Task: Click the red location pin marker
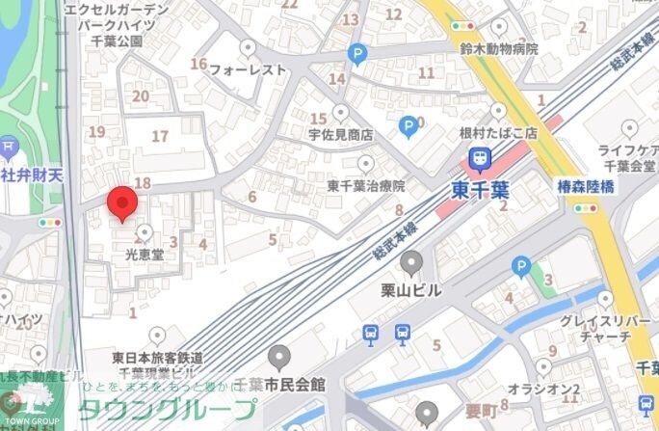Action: tap(121, 203)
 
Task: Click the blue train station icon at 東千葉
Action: tap(477, 157)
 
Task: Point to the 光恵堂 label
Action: tap(145, 256)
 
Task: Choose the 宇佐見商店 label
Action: tap(340, 135)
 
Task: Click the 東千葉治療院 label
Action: tap(365, 186)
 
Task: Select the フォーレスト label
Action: tap(249, 69)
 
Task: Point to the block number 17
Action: tap(160, 136)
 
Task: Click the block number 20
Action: tap(141, 95)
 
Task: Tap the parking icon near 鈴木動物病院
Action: tap(357, 55)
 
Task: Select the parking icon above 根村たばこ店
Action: tap(409, 124)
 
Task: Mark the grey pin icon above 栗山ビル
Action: tap(412, 261)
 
